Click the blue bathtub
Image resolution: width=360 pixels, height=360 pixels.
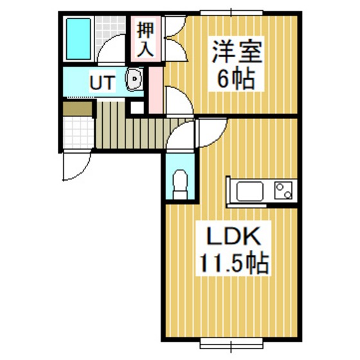click(x=78, y=39)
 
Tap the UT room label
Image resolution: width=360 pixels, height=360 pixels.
click(x=102, y=82)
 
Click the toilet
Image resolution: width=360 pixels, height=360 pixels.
click(x=180, y=184)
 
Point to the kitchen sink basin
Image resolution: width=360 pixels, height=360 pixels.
click(x=250, y=191)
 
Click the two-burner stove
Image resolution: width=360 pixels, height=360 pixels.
click(x=283, y=191)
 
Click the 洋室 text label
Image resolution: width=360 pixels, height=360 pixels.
click(x=237, y=51)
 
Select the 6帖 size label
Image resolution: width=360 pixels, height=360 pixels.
click(x=237, y=78)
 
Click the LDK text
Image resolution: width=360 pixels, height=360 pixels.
click(x=233, y=237)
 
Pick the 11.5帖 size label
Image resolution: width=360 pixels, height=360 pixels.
click(x=234, y=263)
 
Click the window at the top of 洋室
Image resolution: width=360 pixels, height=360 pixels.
click(x=231, y=12)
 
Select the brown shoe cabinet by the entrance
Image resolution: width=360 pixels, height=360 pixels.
click(x=77, y=109)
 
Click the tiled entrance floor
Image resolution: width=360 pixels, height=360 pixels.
click(x=78, y=132)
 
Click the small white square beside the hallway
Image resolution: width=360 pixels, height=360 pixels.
click(x=137, y=107)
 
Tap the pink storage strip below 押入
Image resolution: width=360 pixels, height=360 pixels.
click(x=156, y=90)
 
